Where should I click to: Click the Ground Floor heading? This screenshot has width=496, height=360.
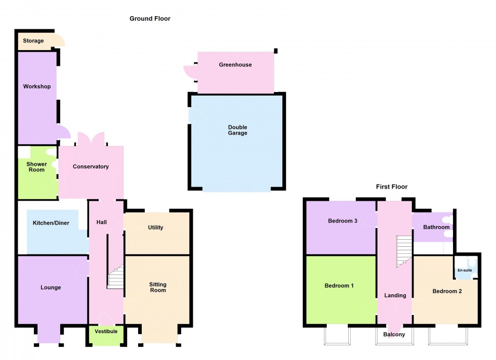tap(150, 19)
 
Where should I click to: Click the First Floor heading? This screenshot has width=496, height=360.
tap(392, 187)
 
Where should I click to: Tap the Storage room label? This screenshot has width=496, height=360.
tap(33, 41)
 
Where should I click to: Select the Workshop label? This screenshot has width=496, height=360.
tap(36, 86)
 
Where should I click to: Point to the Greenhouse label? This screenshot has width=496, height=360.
tap(235, 65)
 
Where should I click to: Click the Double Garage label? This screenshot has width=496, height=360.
tap(237, 130)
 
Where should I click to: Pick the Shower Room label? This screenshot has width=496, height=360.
tap(36, 167)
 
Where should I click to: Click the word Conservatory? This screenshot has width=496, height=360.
tap(91, 166)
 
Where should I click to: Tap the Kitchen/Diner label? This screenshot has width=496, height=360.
tap(51, 223)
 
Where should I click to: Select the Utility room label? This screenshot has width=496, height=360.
tap(156, 228)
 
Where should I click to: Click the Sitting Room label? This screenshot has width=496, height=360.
tap(158, 287)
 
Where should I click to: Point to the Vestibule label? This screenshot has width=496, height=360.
tap(106, 332)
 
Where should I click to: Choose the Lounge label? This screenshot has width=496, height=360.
tap(51, 288)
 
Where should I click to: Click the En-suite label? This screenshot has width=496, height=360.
tap(465, 270)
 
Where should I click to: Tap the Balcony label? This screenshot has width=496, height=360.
tap(394, 334)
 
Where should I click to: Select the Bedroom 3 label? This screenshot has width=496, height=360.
tap(343, 221)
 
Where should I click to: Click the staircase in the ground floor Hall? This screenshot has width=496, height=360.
tap(115, 277)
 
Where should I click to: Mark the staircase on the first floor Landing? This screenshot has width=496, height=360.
tap(404, 251)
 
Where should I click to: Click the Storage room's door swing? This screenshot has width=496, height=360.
tap(59, 40)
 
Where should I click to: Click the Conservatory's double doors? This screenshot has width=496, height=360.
tap(91, 139)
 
